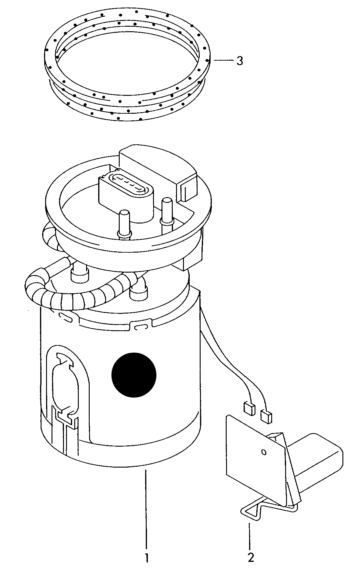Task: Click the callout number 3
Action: tap(239, 61)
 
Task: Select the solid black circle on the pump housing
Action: tap(134, 374)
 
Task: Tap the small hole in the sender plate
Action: tap(263, 452)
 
